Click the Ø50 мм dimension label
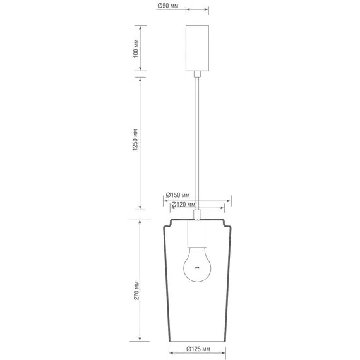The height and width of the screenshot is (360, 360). point(168,6)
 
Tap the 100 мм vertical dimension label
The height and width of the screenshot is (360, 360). point(136,49)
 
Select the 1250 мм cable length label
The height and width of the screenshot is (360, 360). point(135,140)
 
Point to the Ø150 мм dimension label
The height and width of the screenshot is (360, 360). point(178,195)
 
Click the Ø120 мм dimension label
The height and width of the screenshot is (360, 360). point(183,205)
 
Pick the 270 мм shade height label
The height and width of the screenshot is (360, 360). point(136,291)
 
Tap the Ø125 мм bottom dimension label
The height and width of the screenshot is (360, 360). point(198,349)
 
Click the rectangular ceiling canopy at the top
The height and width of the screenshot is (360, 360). point(197,48)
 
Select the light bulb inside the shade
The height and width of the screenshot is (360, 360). point(197,265)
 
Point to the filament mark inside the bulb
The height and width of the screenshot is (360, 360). point(197,268)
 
